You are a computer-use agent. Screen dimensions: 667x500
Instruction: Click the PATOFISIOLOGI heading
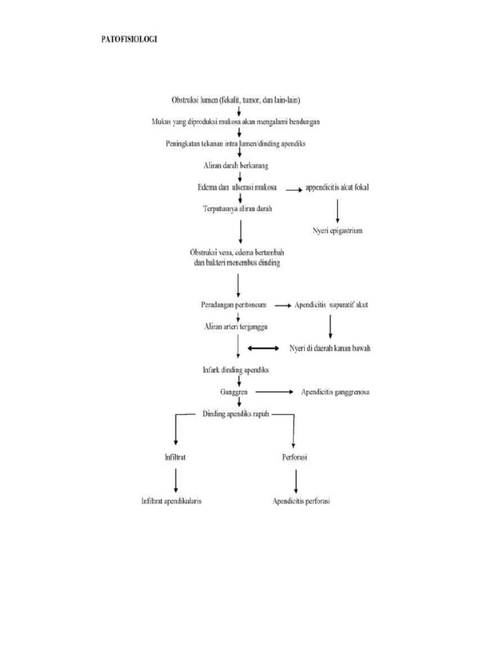(x=128, y=39)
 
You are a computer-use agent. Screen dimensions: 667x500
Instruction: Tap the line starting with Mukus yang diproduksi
(x=235, y=122)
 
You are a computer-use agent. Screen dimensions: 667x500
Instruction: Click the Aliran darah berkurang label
(x=236, y=165)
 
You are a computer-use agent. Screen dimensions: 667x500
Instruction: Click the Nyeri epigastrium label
(x=337, y=231)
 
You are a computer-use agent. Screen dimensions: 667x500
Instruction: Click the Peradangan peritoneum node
(x=234, y=304)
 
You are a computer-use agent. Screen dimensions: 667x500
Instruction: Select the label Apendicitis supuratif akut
(x=331, y=304)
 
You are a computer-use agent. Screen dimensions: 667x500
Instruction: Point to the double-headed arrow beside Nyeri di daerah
(x=263, y=348)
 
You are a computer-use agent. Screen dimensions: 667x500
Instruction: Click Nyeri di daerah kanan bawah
(x=330, y=348)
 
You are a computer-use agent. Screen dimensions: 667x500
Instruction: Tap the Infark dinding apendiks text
(x=236, y=370)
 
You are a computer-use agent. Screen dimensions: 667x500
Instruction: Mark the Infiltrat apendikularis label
(x=171, y=502)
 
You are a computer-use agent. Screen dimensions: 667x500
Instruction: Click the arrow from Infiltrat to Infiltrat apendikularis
(x=176, y=480)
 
